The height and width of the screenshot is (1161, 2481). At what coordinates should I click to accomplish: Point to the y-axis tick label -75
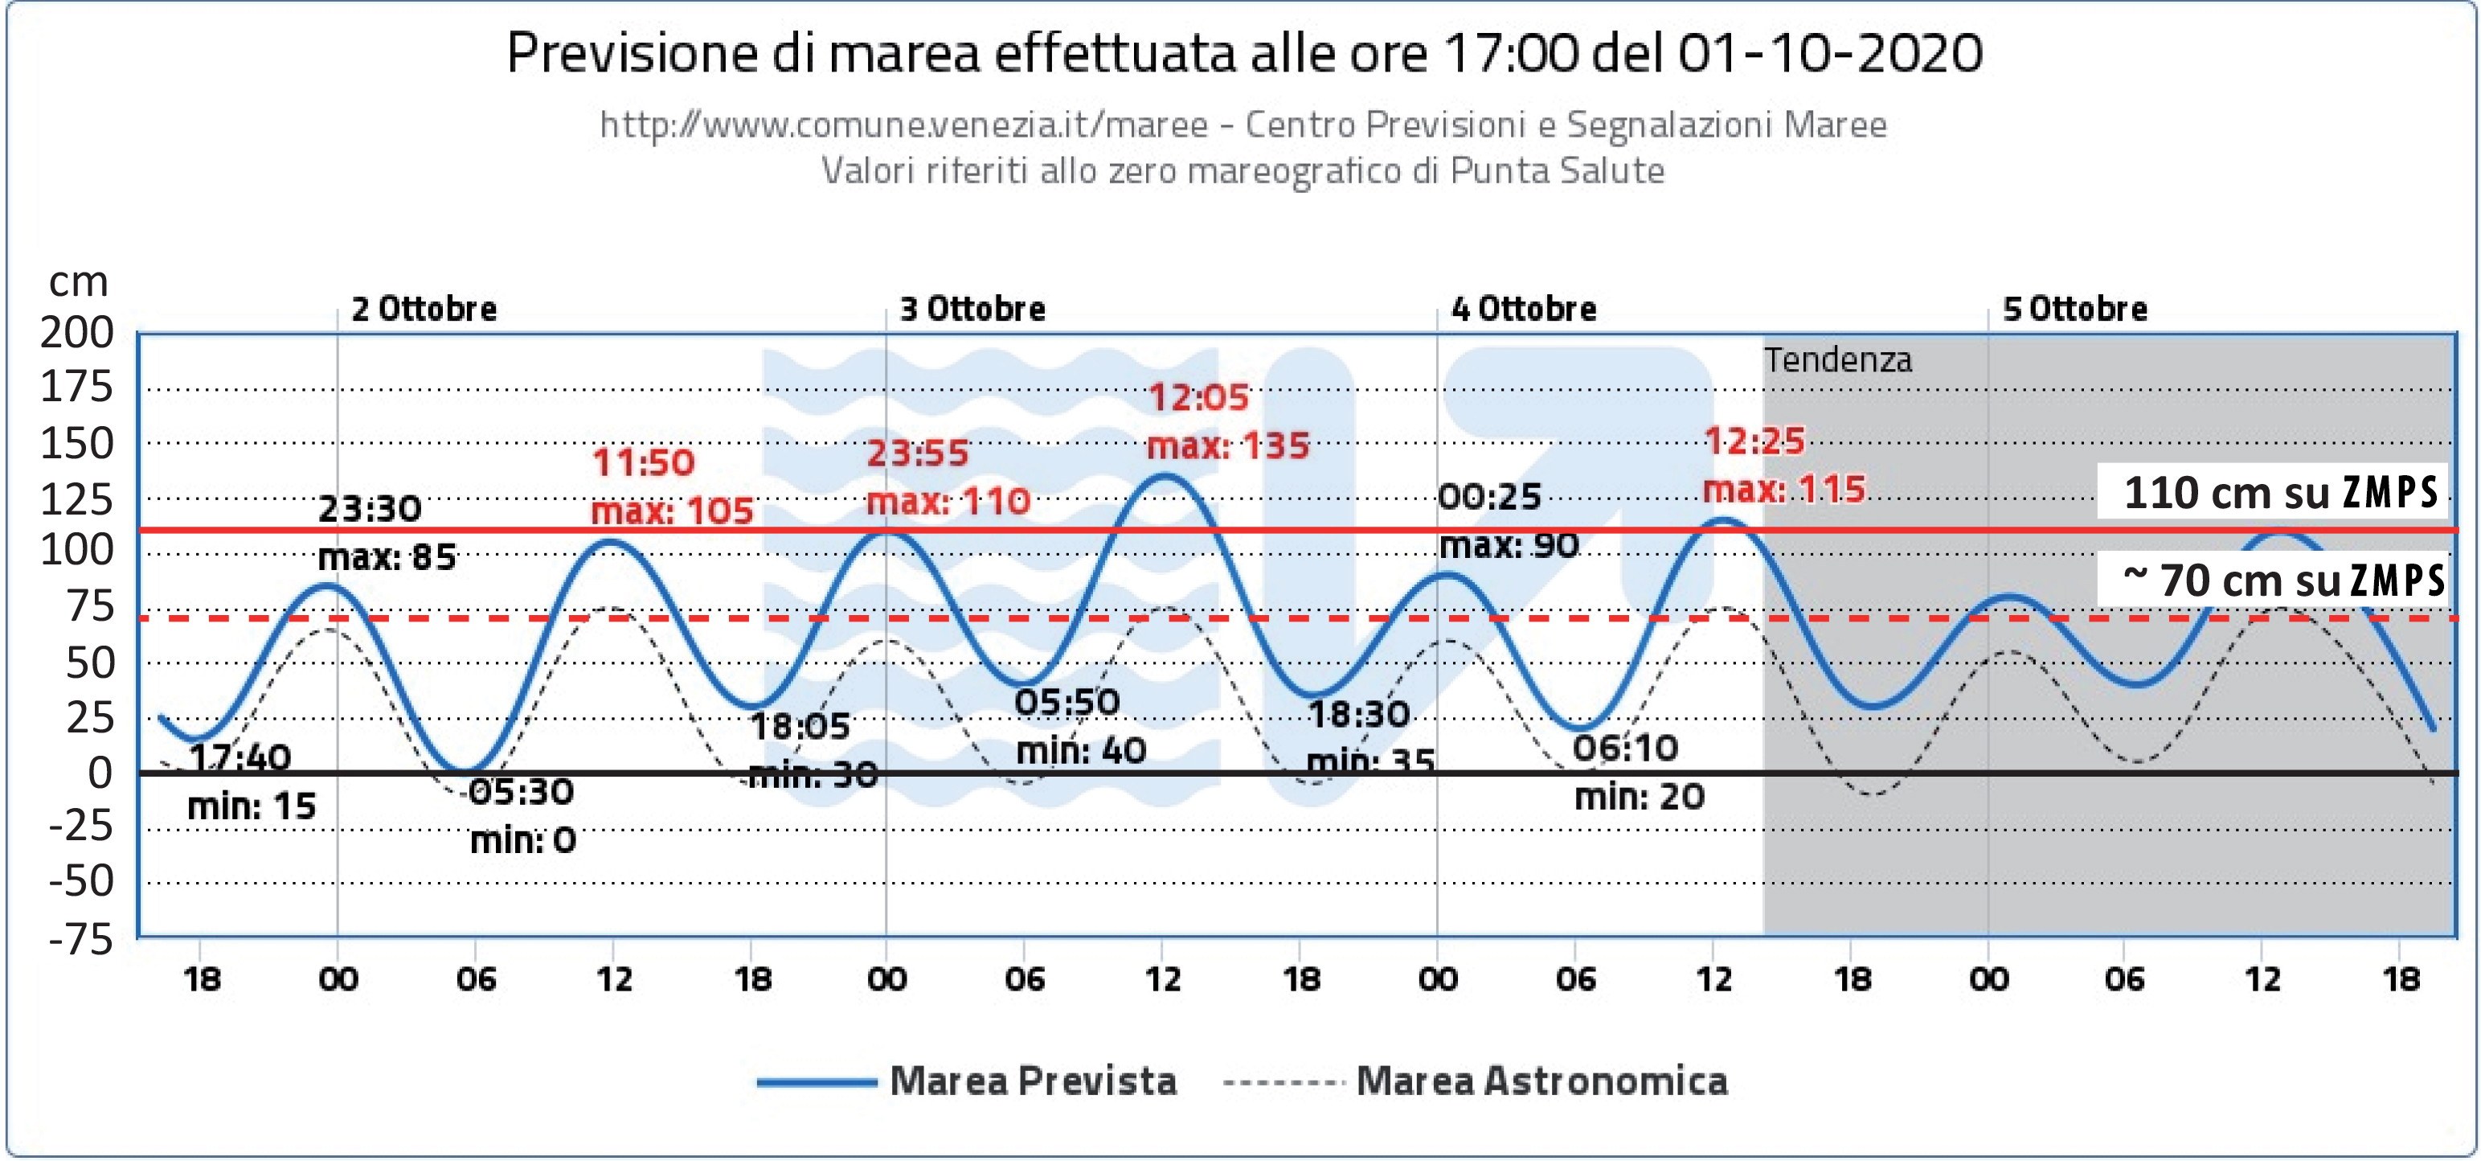[x=81, y=938]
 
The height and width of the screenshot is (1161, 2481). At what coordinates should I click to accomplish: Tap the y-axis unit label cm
[x=78, y=281]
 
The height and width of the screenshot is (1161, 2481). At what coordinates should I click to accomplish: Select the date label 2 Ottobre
[x=424, y=310]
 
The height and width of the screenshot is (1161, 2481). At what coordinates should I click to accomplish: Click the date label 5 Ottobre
[x=2074, y=310]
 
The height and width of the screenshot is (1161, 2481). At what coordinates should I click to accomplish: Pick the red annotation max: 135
[x=1228, y=446]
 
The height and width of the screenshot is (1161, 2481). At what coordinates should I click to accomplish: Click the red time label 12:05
[x=1198, y=397]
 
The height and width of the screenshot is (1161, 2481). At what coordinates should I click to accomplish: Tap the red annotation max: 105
[x=671, y=511]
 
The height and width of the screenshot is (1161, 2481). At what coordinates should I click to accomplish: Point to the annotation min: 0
[x=523, y=841]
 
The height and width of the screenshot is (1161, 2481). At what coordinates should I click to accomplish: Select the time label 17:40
[x=240, y=758]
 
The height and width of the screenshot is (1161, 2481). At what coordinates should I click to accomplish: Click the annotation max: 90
[x=1509, y=545]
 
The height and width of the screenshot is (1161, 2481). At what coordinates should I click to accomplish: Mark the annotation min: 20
[x=1640, y=797]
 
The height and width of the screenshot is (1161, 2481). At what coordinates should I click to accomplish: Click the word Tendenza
[x=1837, y=360]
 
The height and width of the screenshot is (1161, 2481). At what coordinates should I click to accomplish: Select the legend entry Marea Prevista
[x=1033, y=1081]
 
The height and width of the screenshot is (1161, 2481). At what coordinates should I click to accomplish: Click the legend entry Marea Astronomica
[x=1541, y=1081]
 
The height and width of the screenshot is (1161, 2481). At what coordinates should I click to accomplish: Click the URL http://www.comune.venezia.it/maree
[x=903, y=125]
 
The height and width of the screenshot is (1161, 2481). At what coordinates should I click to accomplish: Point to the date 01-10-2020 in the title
[x=1830, y=53]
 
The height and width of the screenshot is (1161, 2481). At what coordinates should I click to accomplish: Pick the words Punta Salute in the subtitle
[x=1558, y=170]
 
